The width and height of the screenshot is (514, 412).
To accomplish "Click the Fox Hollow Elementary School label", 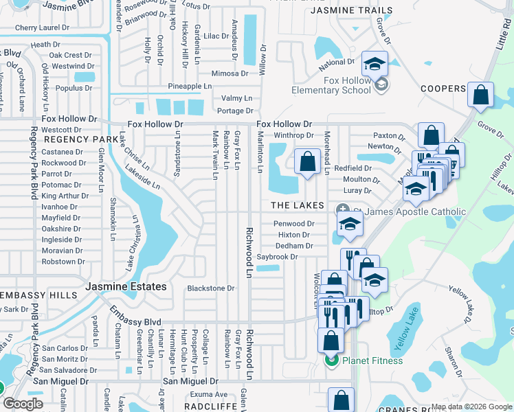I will tap(331, 85).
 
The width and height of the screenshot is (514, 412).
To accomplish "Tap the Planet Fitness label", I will tap(373, 360).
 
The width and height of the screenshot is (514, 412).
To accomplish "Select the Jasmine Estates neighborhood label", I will tap(126, 286).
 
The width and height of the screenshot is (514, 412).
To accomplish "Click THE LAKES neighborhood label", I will tap(298, 205).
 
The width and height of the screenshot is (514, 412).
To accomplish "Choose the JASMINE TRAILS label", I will tap(352, 11).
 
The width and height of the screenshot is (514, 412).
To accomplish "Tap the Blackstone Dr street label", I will tap(211, 288).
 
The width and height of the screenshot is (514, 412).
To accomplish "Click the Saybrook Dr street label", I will tap(277, 257).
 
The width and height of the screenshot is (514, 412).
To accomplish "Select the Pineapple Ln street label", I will tap(190, 87).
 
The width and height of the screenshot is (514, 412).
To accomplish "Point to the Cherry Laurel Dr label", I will tap(42, 28).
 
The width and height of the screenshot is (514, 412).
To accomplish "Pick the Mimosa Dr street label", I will tap(230, 73).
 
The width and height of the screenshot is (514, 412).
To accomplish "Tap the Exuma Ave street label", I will tap(209, 394).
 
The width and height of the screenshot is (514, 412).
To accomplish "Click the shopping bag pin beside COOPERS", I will tap(481, 94).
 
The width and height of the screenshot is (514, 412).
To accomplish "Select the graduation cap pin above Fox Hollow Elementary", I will tap(375, 64).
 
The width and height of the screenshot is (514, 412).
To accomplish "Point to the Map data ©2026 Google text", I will tap(471, 407).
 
